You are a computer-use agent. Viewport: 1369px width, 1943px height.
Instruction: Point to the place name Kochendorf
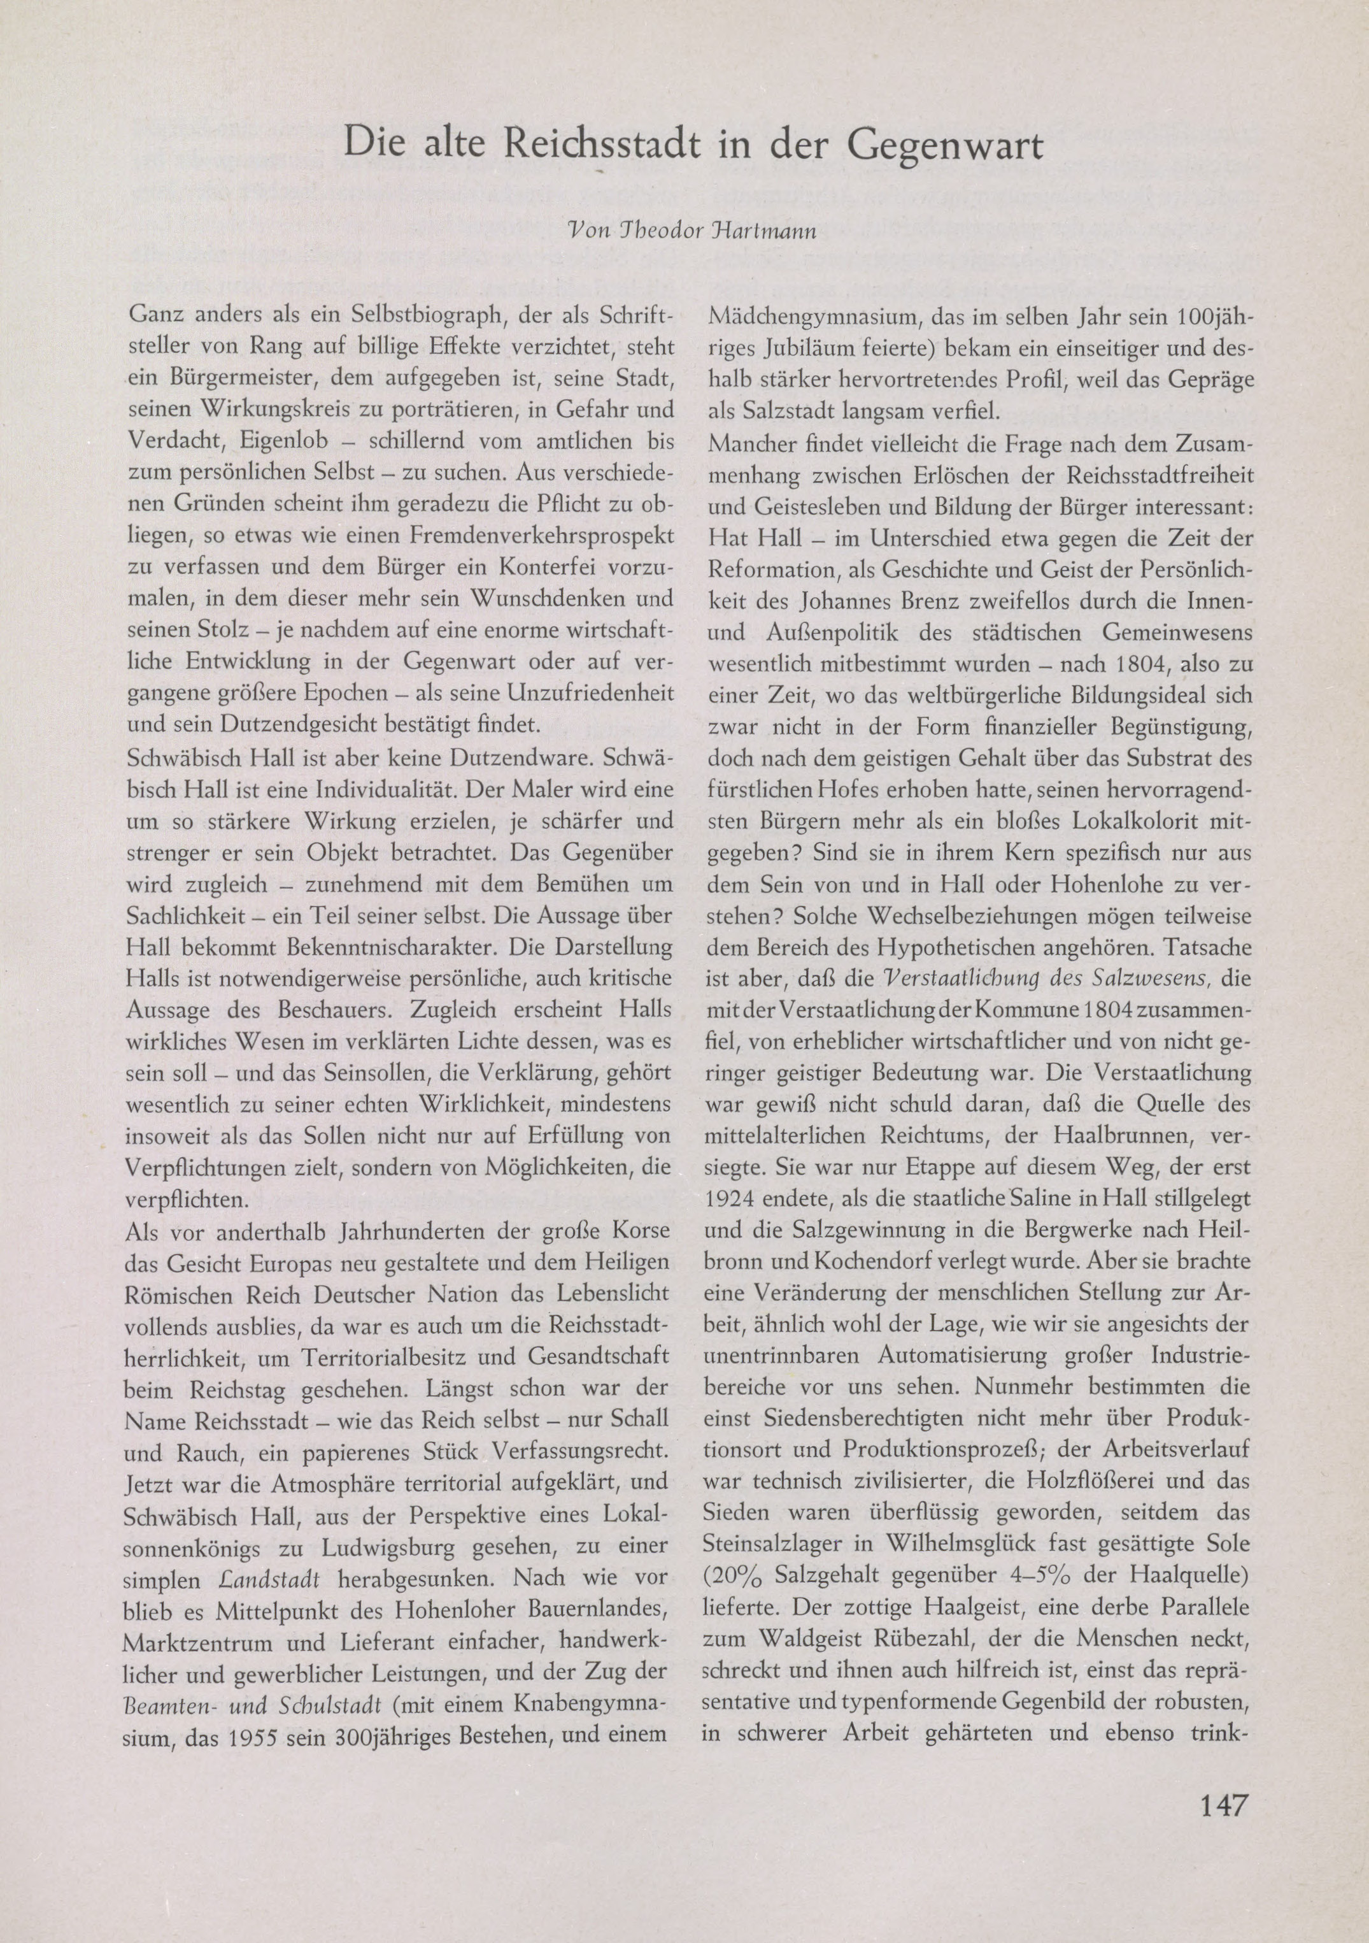(x=844, y=1263)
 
